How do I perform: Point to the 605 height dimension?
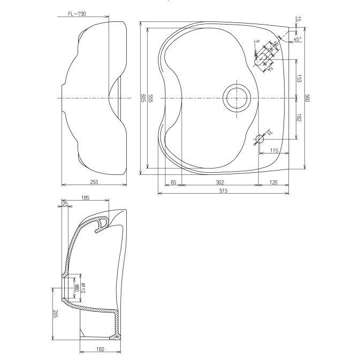tap(143, 98)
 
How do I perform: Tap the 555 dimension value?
tap(151, 98)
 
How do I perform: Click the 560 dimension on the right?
tap(308, 98)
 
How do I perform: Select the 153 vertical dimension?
tap(299, 79)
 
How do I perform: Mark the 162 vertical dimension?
tap(299, 117)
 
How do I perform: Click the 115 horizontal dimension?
tap(274, 151)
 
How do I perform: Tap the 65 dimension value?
tap(173, 182)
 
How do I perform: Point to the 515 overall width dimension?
tap(224, 191)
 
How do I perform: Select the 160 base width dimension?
tap(101, 349)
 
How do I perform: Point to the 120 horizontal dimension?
tap(273, 182)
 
